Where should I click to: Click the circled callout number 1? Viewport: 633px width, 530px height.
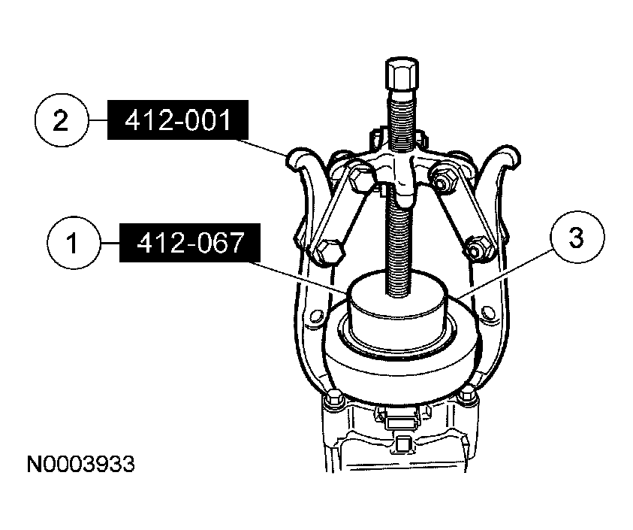tap(74, 244)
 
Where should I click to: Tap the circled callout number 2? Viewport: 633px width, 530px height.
tap(61, 120)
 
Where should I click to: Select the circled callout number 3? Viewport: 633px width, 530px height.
tap(578, 238)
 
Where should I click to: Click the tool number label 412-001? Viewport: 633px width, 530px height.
tap(178, 120)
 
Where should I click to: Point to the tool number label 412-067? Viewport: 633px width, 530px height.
tap(190, 243)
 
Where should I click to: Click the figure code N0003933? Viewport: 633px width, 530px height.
tap(81, 464)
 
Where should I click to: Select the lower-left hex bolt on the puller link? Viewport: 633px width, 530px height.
tap(329, 254)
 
